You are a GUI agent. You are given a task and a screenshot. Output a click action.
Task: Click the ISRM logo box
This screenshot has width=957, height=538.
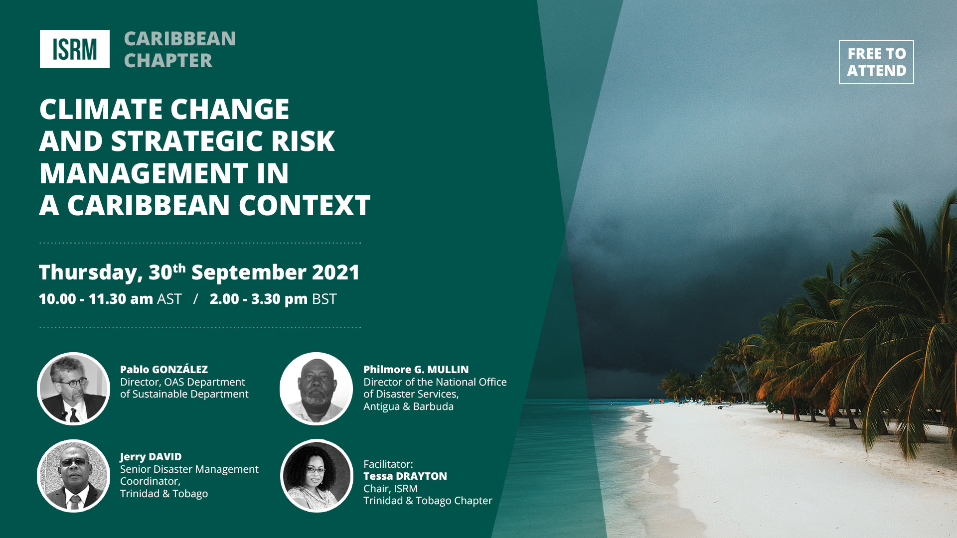[75, 49]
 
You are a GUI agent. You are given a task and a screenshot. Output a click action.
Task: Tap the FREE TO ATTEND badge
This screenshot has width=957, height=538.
[876, 62]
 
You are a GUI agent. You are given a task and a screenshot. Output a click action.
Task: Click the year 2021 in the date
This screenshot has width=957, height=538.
[335, 272]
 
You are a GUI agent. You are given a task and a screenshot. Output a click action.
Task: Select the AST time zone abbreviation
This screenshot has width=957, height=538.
[169, 299]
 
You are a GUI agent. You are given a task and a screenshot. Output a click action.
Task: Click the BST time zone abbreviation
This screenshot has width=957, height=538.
[324, 299]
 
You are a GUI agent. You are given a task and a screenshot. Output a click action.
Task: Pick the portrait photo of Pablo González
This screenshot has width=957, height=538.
[74, 389]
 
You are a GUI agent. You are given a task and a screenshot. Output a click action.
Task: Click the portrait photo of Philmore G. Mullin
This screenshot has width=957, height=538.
[317, 389]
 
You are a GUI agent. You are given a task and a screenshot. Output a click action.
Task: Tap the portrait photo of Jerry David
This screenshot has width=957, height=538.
[74, 476]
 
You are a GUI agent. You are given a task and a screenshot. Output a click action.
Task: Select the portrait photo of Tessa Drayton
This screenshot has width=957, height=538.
[317, 476]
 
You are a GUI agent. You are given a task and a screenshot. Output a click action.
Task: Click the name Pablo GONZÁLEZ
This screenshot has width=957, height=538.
[164, 369]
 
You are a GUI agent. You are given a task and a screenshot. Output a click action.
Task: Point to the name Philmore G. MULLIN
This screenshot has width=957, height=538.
[416, 370]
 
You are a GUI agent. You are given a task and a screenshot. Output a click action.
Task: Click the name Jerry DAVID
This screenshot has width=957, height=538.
[151, 457]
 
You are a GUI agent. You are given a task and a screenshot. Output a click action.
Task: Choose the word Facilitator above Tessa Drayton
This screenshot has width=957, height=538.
[388, 464]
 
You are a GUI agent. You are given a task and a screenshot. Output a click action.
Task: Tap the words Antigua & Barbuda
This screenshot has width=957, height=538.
[409, 406]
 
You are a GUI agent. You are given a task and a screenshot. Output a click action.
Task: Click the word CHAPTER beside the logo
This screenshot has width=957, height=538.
[168, 61]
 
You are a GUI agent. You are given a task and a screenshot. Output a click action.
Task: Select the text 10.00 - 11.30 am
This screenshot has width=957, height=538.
[96, 299]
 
